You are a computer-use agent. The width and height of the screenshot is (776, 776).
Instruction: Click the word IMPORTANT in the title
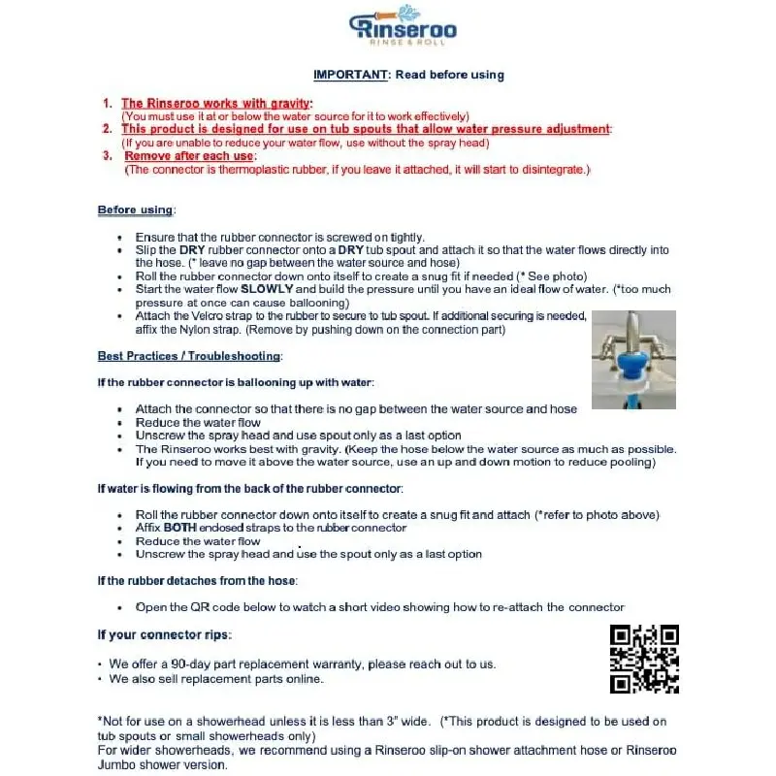(x=345, y=75)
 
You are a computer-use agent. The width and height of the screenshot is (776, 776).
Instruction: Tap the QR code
(x=643, y=659)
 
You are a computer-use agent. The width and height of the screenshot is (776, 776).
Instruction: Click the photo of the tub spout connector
(x=633, y=359)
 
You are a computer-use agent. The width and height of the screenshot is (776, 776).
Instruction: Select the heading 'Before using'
(x=136, y=210)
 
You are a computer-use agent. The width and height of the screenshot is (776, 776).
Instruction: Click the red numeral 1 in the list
(x=107, y=104)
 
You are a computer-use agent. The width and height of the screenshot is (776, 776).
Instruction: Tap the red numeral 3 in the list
(x=107, y=156)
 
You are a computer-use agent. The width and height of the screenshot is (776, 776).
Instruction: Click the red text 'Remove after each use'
(x=189, y=156)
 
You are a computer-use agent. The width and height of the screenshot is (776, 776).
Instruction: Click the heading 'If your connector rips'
(x=163, y=635)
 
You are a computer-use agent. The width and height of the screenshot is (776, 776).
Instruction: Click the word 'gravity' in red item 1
(x=283, y=104)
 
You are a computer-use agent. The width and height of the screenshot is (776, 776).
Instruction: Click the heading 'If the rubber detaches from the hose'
(x=197, y=581)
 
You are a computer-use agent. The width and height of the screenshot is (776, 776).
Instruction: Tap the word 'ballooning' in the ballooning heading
(x=262, y=383)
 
